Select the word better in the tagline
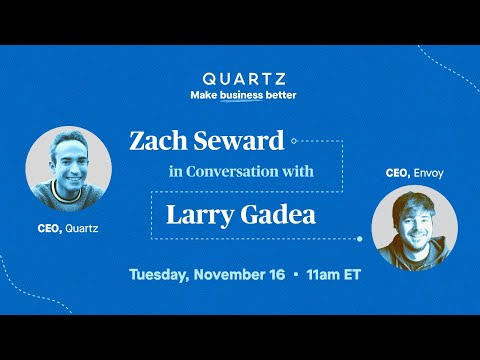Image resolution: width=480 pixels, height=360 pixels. [x=277, y=96]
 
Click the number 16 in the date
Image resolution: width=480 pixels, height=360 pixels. [x=274, y=273]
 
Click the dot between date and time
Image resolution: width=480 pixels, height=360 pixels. [x=295, y=273]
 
